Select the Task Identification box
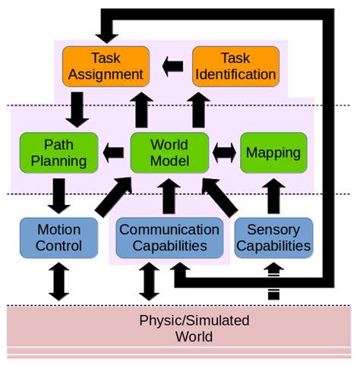236,65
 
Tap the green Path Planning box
59,152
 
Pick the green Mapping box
273,152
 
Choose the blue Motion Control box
59,238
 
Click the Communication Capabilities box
169,238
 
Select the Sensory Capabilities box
273,238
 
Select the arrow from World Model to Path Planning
114,152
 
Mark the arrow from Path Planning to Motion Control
59,195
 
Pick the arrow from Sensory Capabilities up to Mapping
273,195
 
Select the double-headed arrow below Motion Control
59,281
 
